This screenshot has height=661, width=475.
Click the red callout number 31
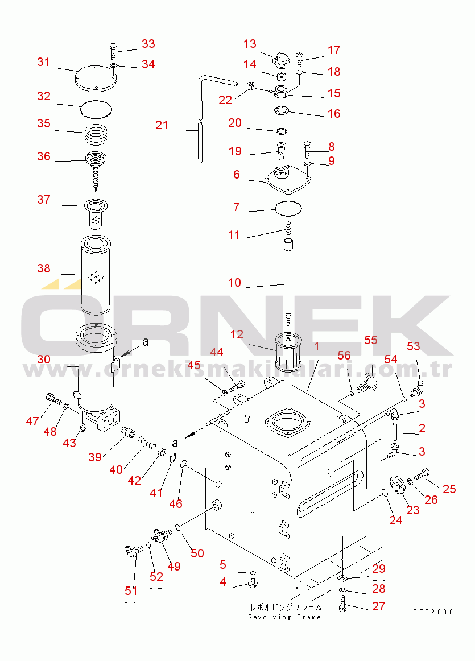point(44,62)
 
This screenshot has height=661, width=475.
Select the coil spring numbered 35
point(96,134)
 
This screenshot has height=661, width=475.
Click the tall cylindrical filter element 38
point(96,275)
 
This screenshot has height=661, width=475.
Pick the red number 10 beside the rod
point(234,283)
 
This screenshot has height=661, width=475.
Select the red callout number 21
point(162,125)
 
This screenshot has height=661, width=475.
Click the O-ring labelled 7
point(288,208)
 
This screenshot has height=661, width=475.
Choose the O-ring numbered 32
point(96,109)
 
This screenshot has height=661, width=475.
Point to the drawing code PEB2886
point(433,612)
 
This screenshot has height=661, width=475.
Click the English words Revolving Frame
point(284,617)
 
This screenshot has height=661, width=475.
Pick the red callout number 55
point(371,340)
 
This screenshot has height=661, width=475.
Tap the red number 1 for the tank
point(316,346)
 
